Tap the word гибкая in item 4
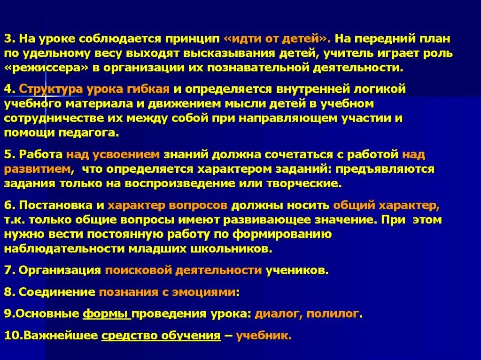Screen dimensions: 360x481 point(152,89)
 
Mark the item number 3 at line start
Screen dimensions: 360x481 point(8,38)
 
